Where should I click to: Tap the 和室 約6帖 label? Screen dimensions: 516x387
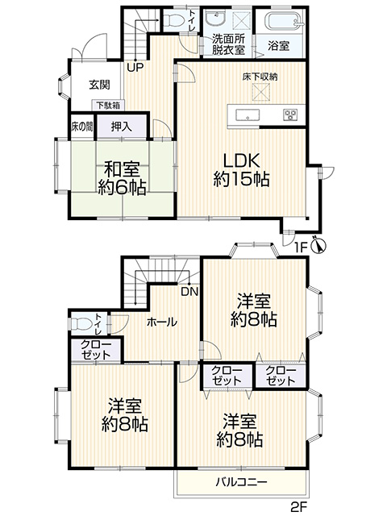[123, 177]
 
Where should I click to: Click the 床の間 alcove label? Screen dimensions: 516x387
[81, 127]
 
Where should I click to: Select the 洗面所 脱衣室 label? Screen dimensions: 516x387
[229, 44]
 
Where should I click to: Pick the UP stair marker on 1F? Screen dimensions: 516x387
[134, 67]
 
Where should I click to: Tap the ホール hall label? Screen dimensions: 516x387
[162, 322]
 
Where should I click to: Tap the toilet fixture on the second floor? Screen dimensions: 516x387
[81, 322]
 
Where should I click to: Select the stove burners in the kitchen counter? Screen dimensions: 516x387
[289, 114]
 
